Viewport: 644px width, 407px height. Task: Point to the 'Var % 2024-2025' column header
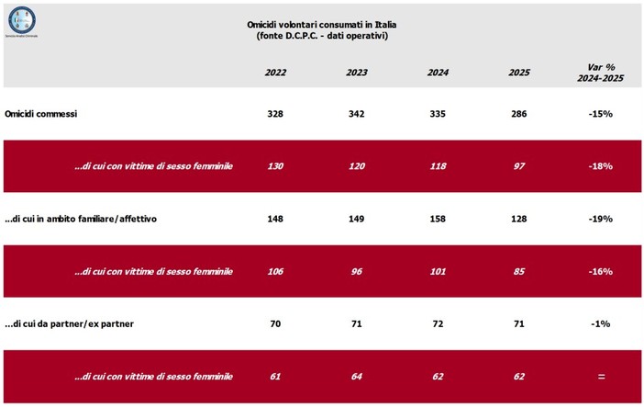[x=601, y=72]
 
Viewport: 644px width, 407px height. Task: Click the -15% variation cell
[x=601, y=114]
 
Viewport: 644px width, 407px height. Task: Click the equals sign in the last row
[x=601, y=377]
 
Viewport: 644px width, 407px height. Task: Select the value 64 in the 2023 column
[x=357, y=377]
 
